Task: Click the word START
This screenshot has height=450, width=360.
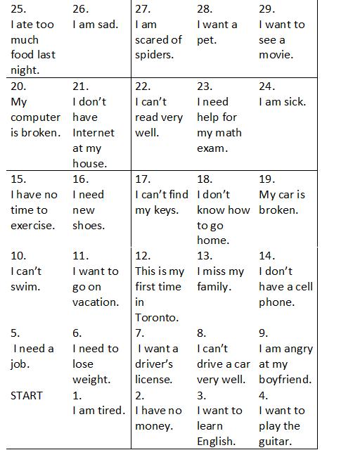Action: [27, 395]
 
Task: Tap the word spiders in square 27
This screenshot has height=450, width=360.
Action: [155, 55]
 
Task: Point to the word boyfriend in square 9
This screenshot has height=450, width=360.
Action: [285, 380]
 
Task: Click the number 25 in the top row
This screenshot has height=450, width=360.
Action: [18, 9]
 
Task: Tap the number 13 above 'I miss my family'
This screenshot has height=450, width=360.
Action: [205, 256]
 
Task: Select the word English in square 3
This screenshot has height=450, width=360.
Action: [217, 442]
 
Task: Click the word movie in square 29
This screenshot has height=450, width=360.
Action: [276, 55]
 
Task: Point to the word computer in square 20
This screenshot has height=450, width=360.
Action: [36, 117]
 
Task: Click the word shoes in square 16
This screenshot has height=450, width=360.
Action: [89, 226]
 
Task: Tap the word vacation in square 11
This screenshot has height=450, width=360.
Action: [96, 302]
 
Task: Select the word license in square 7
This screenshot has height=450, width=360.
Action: [153, 380]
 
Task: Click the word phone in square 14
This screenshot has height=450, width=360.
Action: [276, 302]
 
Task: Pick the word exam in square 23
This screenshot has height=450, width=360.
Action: [213, 148]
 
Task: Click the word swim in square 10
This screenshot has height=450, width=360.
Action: [25, 287]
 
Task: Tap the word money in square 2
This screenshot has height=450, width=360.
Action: [154, 426]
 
